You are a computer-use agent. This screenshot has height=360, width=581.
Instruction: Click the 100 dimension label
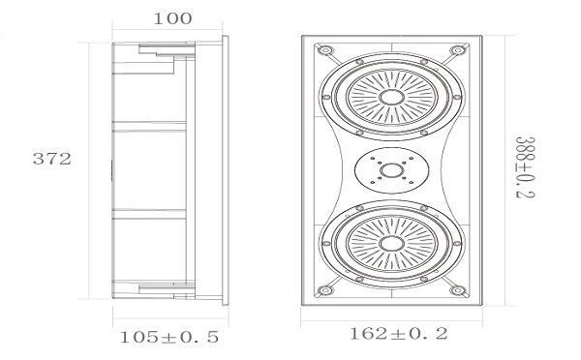(x=172, y=18)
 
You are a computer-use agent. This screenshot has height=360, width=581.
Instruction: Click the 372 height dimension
(x=52, y=159)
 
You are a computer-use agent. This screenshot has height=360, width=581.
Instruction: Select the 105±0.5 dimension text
(x=169, y=337)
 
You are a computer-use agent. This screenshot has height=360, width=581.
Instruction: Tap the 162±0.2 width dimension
(x=398, y=334)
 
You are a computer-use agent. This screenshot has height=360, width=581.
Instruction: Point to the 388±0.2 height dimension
(x=526, y=167)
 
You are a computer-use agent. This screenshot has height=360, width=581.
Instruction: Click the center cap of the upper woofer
(x=391, y=97)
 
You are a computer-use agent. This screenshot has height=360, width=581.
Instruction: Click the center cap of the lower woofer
(x=391, y=243)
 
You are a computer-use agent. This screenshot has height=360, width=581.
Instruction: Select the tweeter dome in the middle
(x=391, y=170)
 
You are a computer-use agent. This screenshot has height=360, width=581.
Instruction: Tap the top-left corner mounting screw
(x=325, y=50)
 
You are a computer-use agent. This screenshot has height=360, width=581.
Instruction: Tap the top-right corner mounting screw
(x=458, y=50)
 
